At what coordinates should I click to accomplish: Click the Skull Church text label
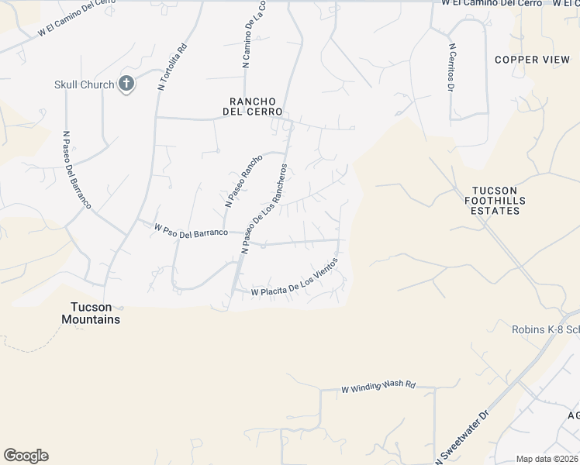point(84,84)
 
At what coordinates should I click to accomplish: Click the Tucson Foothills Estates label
point(499,201)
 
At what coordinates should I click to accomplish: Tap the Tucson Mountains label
point(91,313)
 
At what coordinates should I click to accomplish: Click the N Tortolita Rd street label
point(172,67)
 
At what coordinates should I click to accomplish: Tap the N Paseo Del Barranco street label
point(77,170)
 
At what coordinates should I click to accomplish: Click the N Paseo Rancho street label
point(243,181)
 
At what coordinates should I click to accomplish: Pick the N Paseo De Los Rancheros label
point(264,208)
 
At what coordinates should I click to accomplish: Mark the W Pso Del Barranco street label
point(191,231)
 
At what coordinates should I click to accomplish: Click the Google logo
point(26,456)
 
